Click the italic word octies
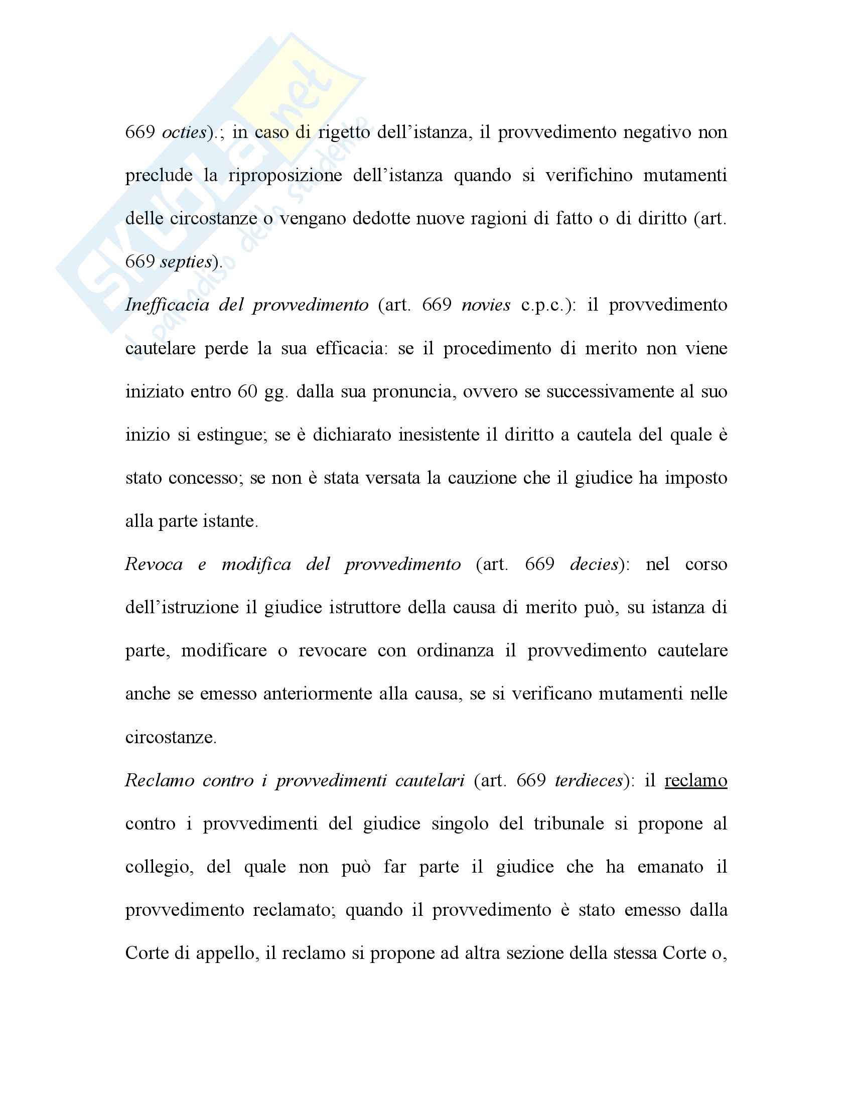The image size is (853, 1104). (184, 132)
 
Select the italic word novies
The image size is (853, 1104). (486, 305)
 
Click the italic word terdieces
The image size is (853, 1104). (589, 781)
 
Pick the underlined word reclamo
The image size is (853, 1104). (695, 781)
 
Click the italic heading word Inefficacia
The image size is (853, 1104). (167, 305)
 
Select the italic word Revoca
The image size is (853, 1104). (154, 565)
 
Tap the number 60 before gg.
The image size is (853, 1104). (247, 392)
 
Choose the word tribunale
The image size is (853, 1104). (569, 824)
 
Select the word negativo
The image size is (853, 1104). (656, 132)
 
